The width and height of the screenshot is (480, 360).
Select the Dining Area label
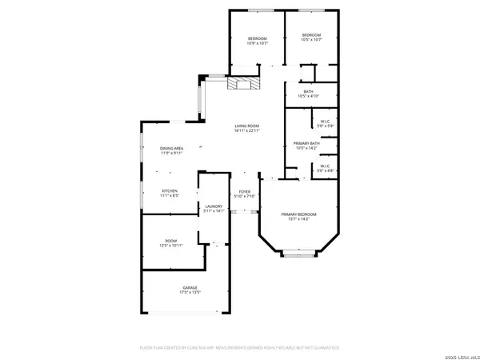(x=172, y=148)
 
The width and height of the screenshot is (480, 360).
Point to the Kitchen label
(x=169, y=190)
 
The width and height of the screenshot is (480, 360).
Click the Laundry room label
(x=213, y=206)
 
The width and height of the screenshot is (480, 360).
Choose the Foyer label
(x=245, y=191)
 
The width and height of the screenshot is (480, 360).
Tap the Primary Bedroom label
(x=298, y=214)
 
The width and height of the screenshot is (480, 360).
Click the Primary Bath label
(x=306, y=143)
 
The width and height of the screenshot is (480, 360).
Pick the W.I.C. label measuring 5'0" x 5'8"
(x=325, y=122)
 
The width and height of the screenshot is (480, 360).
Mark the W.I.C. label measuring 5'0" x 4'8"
(x=325, y=167)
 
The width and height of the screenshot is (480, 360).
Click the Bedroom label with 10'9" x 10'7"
(x=257, y=38)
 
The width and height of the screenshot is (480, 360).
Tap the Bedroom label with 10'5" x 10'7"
(x=310, y=35)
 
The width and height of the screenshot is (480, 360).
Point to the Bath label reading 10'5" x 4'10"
(x=308, y=91)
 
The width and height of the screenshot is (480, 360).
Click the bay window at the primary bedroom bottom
(x=298, y=255)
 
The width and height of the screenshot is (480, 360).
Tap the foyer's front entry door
(x=245, y=211)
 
